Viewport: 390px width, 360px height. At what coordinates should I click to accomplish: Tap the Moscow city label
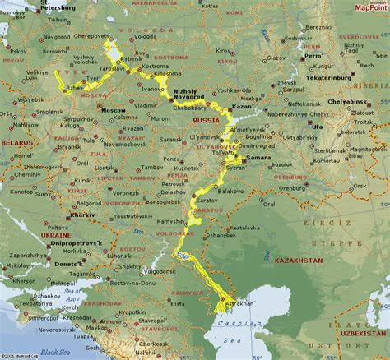114,109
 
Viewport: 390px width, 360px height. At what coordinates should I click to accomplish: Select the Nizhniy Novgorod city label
188,95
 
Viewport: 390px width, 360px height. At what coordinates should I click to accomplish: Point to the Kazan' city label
240,108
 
